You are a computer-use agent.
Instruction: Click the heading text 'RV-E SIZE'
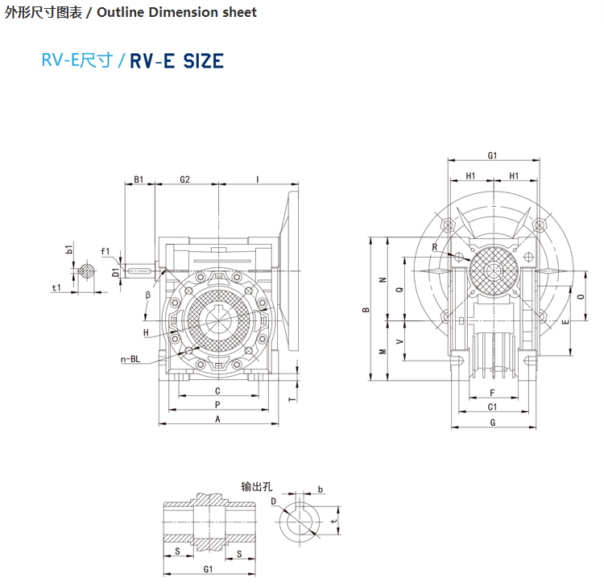[x=176, y=60]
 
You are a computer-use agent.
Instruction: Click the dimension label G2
[x=184, y=179]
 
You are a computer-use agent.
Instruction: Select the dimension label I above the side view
[x=257, y=179]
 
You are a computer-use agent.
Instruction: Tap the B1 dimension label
[x=139, y=179]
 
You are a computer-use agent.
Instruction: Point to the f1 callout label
[x=105, y=251]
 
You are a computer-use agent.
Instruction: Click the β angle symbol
[x=148, y=295]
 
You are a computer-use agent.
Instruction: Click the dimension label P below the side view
[x=217, y=404]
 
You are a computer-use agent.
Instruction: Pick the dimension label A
[x=217, y=419]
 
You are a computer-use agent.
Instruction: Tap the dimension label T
[x=293, y=397]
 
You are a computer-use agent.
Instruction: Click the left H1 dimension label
[x=470, y=175]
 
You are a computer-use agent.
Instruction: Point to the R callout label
[x=434, y=247]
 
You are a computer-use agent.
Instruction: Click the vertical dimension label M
[x=383, y=351]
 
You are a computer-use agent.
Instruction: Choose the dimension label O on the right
[x=581, y=296]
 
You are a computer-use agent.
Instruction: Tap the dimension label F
[x=492, y=393]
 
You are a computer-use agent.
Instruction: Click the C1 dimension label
[x=492, y=407]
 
